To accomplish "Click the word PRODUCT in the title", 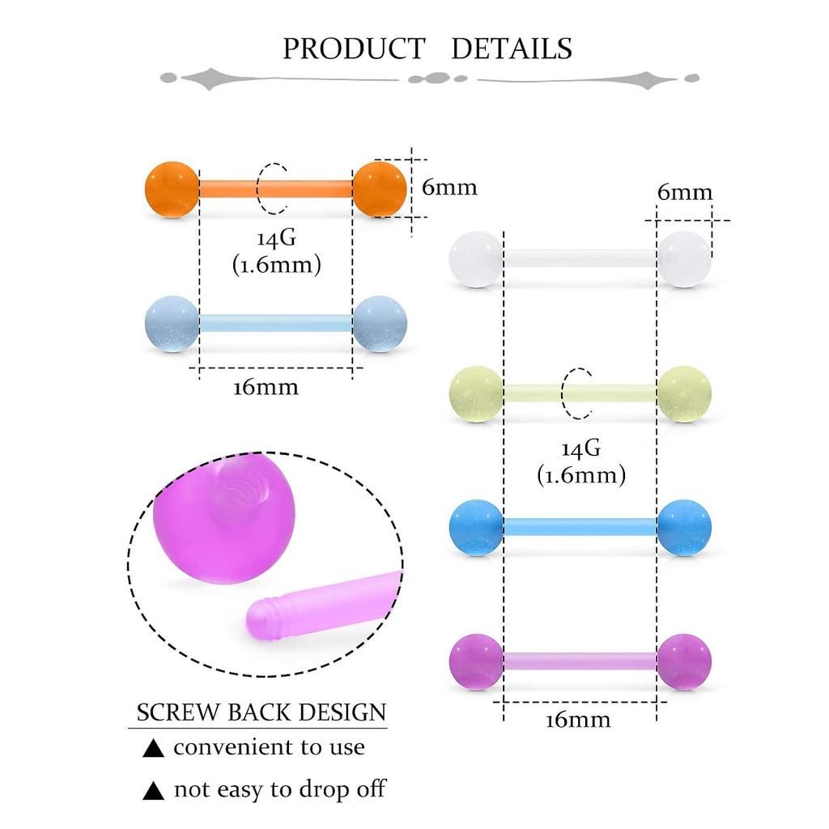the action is click(x=354, y=49).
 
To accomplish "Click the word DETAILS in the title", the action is click(x=512, y=49).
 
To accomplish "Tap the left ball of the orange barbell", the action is click(x=172, y=189).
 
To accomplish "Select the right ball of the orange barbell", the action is click(x=380, y=189).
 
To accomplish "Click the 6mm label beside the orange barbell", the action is click(x=449, y=187).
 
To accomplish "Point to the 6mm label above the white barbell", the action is click(x=685, y=192).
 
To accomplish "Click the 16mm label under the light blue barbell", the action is click(x=266, y=388).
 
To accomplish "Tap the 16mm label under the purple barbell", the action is click(x=578, y=720).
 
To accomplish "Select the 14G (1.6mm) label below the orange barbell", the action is click(x=277, y=252).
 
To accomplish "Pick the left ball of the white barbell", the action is click(x=476, y=259).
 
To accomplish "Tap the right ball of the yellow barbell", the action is click(x=684, y=394).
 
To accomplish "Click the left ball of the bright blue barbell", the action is click(x=476, y=528).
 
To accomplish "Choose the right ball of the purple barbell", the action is click(x=684, y=662).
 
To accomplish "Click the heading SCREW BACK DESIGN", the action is click(x=261, y=712).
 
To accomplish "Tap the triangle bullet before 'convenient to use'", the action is click(x=153, y=748).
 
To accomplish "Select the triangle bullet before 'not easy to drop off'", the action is click(x=153, y=790).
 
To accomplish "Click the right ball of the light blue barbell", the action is click(x=380, y=324).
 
